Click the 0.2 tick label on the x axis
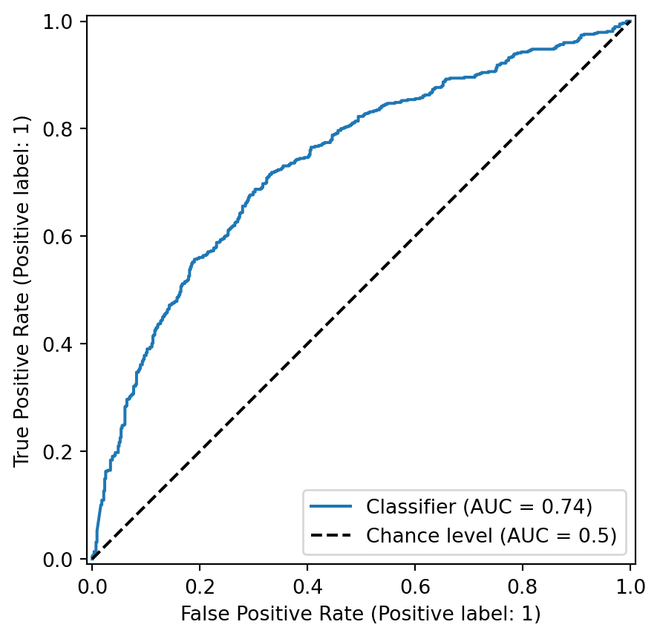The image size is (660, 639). [x=200, y=587]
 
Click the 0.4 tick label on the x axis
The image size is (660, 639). [x=307, y=587]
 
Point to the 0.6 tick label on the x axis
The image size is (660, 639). [x=415, y=587]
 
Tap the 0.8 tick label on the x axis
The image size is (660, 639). [x=523, y=587]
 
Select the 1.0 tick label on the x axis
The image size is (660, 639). [x=630, y=587]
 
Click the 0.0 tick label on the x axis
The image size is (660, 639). [x=92, y=587]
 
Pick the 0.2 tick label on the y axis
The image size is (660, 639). [x=57, y=451]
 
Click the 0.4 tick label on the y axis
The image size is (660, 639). [x=57, y=344]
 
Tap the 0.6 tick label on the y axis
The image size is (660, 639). [x=57, y=236]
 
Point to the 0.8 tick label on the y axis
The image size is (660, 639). [x=57, y=128]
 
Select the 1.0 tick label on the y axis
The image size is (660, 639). [x=57, y=21]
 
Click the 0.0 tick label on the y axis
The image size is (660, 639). [x=57, y=559]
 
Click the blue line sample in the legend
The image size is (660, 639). [x=331, y=506]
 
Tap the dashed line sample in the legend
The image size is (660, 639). [x=331, y=536]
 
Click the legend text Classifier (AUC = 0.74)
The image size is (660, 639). [x=479, y=506]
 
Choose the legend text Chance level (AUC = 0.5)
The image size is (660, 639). [x=491, y=536]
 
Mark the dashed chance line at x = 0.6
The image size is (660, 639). [x=415, y=236]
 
